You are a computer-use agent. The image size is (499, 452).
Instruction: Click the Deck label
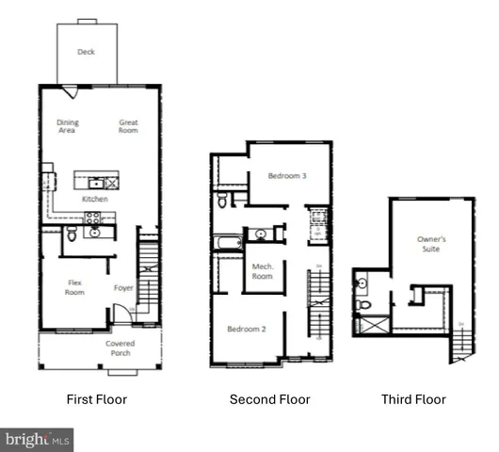86,52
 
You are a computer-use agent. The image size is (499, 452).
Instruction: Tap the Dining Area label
68,126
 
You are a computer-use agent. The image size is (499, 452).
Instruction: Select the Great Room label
128,126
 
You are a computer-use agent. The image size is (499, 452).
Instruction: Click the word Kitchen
94,200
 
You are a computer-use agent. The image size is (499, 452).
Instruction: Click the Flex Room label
75,287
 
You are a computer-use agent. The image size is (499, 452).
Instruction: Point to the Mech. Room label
263,271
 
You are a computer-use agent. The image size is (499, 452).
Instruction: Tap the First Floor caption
96,399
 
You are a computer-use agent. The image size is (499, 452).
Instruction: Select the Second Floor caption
269,399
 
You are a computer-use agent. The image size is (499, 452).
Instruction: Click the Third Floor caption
413,399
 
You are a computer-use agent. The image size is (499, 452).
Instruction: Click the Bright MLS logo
38,438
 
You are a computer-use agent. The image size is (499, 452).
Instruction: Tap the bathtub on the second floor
227,242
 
